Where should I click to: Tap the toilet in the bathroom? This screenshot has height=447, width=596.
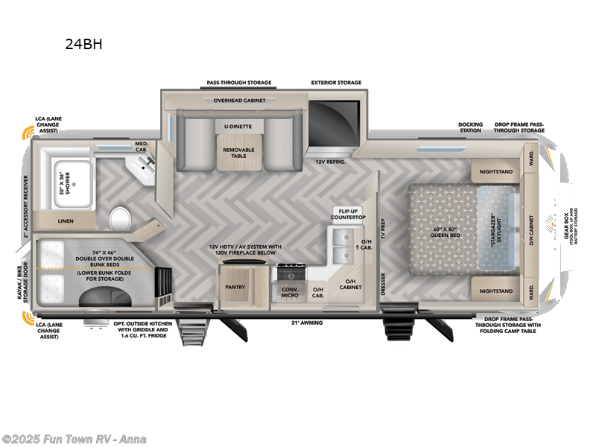pos(119,219)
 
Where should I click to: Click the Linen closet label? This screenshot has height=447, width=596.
pos(65,221)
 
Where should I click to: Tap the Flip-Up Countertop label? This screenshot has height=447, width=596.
pos(349,215)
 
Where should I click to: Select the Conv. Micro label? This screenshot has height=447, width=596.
pos(290,293)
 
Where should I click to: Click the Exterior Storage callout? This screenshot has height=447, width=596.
pos(336,83)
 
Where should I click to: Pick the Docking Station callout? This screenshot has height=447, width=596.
pos(470,127)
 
